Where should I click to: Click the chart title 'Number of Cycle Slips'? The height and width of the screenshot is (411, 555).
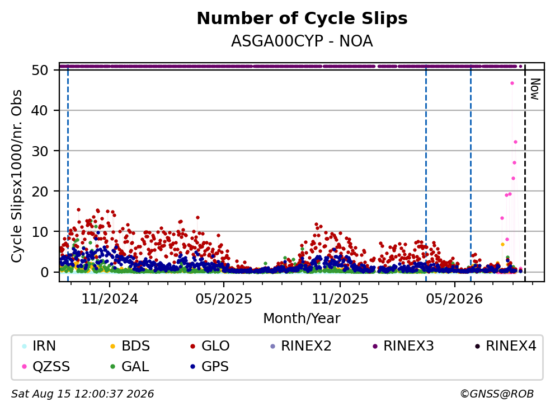coord(302,18)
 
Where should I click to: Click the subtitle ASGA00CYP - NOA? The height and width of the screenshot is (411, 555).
coord(302,41)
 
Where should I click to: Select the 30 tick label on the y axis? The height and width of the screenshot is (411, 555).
coord(40,151)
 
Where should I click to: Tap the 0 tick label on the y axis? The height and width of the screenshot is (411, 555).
coord(44,272)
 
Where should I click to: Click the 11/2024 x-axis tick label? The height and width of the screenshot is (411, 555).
coord(110,299)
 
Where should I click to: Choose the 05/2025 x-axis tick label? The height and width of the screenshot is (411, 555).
coord(224,299)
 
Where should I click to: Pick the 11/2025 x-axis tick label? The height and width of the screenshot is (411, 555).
coord(340,299)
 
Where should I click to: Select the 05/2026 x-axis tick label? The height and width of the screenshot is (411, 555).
coord(454,299)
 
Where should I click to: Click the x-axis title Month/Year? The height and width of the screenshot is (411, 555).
coord(302,319)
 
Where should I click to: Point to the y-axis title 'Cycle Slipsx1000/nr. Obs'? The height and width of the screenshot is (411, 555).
coord(17,176)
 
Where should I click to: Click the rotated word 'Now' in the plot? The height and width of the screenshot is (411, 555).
coord(534,89)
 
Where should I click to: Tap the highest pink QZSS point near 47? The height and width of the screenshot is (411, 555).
coord(512,83)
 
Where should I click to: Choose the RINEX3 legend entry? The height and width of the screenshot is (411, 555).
coord(403,346)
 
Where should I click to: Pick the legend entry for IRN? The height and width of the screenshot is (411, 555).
coord(39,346)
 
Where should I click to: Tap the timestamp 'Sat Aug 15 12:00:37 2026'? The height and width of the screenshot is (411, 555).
coord(82,394)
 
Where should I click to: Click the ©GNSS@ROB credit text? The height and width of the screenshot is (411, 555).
coord(497,394)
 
